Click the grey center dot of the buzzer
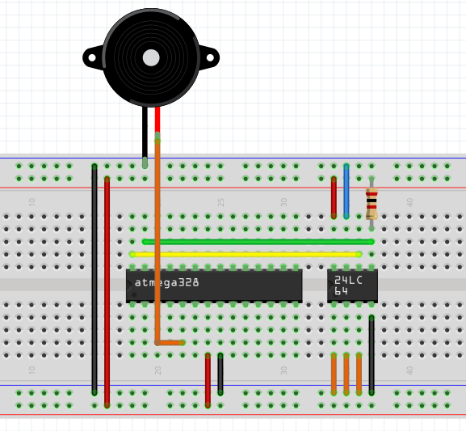point(151,57)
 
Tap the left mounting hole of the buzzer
point(92,57)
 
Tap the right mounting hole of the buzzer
point(210,57)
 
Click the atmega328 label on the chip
point(166,282)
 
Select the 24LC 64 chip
point(352,285)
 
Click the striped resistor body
point(372,204)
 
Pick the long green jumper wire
point(258,242)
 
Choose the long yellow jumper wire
point(246,255)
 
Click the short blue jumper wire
point(346,191)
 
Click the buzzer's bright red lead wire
point(157,120)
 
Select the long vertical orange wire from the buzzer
point(157,242)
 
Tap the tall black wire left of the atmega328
point(94,280)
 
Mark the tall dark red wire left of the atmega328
point(107,292)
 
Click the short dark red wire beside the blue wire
point(334,197)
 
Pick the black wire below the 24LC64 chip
point(372,356)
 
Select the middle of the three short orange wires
point(346,374)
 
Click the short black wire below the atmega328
point(220,374)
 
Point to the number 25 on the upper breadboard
point(220,202)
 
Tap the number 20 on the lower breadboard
point(157,370)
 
